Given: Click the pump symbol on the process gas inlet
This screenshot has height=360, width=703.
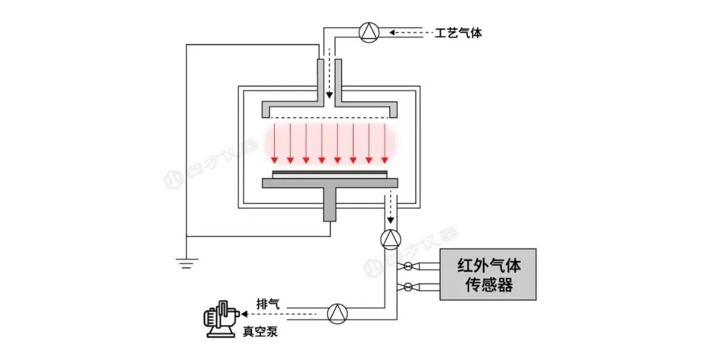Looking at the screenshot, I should click(369, 31).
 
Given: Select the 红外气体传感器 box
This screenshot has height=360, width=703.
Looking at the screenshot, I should click(488, 274).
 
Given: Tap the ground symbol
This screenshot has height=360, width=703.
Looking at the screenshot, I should click(187, 263).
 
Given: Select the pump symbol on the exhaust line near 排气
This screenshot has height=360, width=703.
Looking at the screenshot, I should click(337, 314).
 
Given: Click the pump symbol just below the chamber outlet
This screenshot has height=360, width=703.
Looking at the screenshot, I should click(391, 240).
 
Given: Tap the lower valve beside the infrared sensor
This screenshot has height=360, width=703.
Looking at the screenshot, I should click(408, 286).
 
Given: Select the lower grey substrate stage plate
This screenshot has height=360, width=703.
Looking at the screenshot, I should click(329, 183).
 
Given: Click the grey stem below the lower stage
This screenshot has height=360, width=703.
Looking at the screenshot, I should click(329, 206).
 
